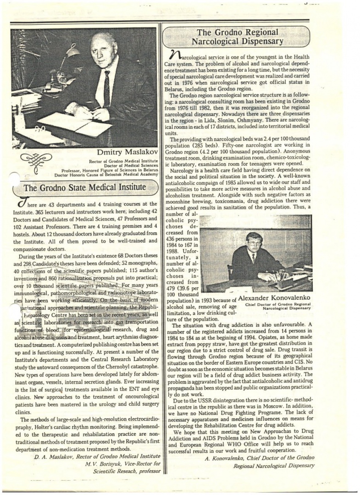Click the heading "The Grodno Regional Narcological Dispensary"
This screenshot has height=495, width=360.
coord(239,37)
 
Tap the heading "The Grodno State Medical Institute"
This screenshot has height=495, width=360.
coord(85,187)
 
